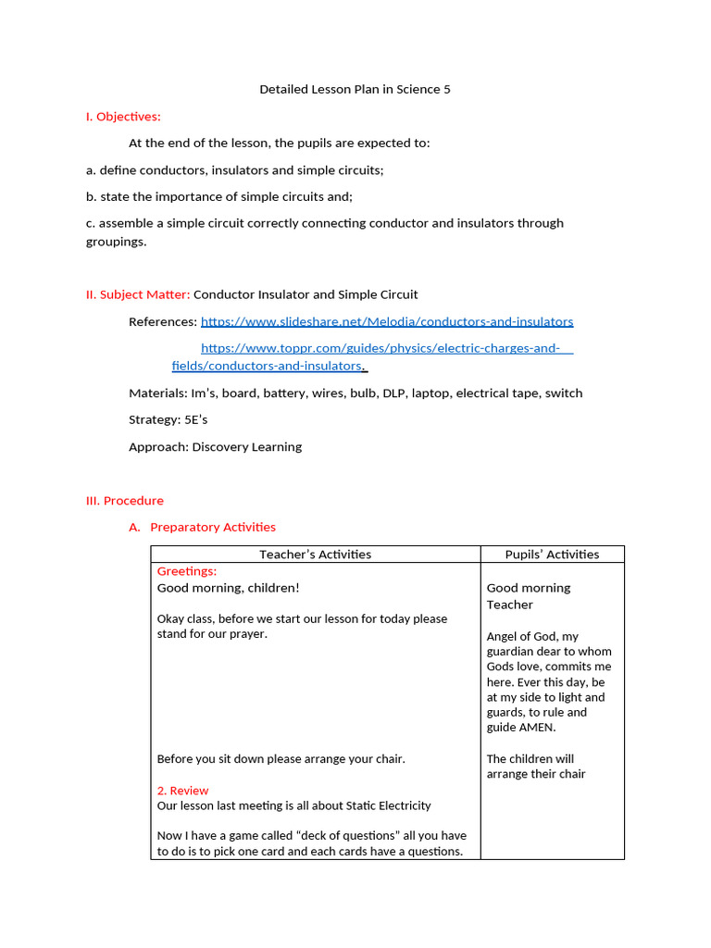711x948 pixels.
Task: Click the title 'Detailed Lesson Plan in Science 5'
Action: pyautogui.click(x=355, y=90)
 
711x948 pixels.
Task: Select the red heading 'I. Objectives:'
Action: pyautogui.click(x=123, y=117)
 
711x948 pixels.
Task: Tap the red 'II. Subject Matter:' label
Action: pyautogui.click(x=138, y=294)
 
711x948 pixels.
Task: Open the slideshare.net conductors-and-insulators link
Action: pyautogui.click(x=387, y=321)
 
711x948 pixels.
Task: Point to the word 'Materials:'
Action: pyautogui.click(x=157, y=393)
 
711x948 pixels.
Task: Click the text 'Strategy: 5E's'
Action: pyautogui.click(x=168, y=419)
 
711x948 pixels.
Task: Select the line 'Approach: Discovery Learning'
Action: pyautogui.click(x=215, y=446)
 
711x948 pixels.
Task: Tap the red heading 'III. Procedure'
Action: pyautogui.click(x=125, y=500)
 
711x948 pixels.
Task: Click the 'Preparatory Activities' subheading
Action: pyautogui.click(x=212, y=527)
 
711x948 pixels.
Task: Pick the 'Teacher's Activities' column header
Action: pyautogui.click(x=315, y=555)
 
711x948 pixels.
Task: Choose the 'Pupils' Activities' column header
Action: pyautogui.click(x=552, y=555)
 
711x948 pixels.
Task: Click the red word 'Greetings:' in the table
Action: pyautogui.click(x=187, y=571)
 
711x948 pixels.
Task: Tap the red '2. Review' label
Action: pyautogui.click(x=182, y=791)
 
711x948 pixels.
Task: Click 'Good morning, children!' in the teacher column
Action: pyautogui.click(x=228, y=588)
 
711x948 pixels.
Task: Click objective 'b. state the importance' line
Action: pyautogui.click(x=219, y=196)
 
